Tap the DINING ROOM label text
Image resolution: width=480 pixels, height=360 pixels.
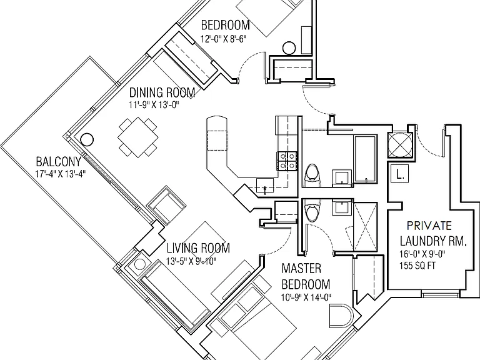pos(162,92)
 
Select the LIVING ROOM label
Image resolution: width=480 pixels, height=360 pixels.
pos(198,248)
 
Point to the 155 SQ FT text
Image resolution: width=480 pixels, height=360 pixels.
pos(417,266)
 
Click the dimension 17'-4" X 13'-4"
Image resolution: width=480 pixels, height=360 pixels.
pos(60,174)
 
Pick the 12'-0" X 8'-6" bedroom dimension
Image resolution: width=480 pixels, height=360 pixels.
pos(224,39)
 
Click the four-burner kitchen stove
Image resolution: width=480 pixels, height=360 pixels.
pos(287,161)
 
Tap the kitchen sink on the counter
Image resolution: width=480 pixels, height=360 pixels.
pos(265,186)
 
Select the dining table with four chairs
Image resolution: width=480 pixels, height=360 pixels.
pos(137,137)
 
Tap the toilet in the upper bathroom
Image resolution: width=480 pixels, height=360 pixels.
pos(312,175)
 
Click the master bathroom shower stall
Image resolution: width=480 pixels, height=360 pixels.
pos(365,226)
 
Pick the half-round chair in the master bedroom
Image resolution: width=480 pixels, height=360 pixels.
pos(341,316)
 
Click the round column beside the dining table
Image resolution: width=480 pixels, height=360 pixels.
pos(87,139)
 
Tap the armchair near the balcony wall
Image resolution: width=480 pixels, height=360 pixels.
pos(167,203)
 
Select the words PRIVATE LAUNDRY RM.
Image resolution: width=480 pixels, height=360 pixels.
pos(433,234)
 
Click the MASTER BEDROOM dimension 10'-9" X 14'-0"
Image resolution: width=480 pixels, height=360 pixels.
pos(306,297)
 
